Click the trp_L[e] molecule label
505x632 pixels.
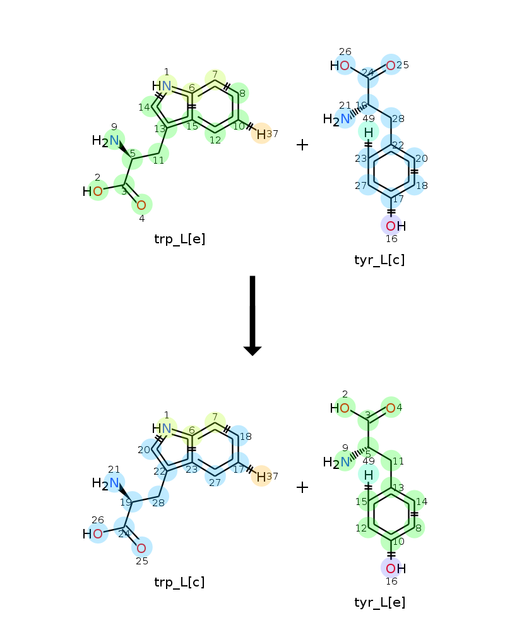click(x=180, y=239)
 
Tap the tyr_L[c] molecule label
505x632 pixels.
click(x=379, y=260)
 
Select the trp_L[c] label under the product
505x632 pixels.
click(x=180, y=582)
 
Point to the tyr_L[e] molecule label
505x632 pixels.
click(x=380, y=602)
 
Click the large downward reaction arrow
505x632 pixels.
click(x=252, y=315)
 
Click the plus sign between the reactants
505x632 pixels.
click(x=302, y=145)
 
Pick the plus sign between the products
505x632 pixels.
click(x=302, y=487)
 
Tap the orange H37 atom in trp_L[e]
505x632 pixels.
click(x=261, y=134)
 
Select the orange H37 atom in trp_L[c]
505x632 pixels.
click(x=261, y=477)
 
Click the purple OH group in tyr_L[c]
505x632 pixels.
click(x=395, y=226)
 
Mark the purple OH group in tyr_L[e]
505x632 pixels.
click(x=395, y=569)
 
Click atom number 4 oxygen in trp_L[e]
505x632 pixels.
click(x=141, y=205)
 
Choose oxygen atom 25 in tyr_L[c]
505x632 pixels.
click(x=391, y=65)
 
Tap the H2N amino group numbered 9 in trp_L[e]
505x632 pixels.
click(x=105, y=141)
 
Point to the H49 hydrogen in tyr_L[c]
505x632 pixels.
click(x=369, y=132)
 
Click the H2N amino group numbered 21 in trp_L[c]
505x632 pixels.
click(x=105, y=483)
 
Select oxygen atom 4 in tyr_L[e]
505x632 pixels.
click(x=391, y=408)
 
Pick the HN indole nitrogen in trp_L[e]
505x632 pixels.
click(x=162, y=86)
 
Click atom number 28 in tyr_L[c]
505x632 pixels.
click(x=391, y=118)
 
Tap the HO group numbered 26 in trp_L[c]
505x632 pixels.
click(x=93, y=534)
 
